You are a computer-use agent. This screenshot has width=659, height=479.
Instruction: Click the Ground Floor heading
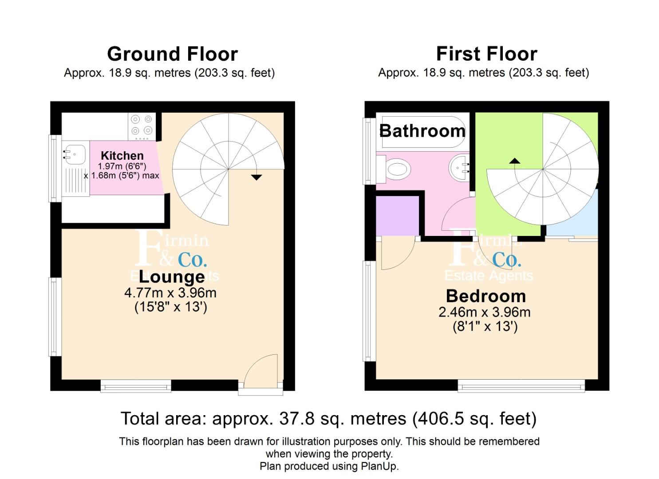point(172,54)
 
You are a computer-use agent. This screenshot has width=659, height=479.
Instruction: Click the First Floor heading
point(486,54)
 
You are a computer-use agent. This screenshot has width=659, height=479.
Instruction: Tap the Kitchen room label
point(122,156)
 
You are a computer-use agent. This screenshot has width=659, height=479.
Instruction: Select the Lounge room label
point(172,277)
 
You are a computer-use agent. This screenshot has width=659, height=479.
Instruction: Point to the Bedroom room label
point(485,296)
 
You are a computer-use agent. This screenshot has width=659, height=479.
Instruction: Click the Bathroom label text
point(422,131)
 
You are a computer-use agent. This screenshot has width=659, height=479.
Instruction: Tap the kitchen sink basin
point(75,154)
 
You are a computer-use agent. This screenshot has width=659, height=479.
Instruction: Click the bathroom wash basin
point(460,167)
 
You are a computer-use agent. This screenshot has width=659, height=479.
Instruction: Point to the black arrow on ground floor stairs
point(256,177)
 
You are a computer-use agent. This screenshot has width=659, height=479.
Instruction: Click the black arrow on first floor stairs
point(514,161)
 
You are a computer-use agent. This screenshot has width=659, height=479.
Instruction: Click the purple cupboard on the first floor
point(398,215)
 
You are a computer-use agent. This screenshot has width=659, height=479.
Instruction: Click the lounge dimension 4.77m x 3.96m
point(170,293)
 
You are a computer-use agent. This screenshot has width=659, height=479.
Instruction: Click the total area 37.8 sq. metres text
point(328,419)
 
